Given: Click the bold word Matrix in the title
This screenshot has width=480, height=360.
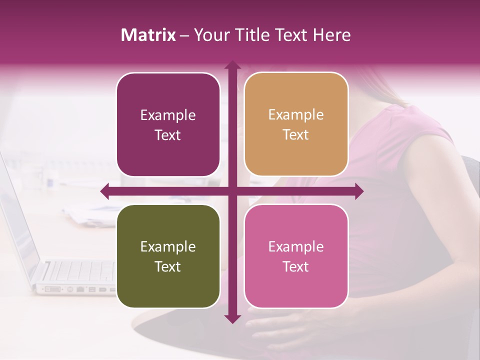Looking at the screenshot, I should (x=148, y=35).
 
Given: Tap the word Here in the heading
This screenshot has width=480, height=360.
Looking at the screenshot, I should (x=331, y=35).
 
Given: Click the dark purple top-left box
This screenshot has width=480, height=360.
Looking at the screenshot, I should (x=168, y=125).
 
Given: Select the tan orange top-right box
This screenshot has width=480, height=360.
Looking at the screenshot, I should (x=296, y=124).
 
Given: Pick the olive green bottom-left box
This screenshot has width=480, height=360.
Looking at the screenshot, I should (x=168, y=256).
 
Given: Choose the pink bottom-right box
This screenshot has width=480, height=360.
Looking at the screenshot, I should (x=296, y=256).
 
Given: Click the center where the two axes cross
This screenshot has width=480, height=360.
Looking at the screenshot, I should (x=232, y=191).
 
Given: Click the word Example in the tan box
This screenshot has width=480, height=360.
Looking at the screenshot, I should (x=296, y=114).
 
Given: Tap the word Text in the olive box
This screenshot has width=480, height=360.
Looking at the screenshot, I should (x=168, y=266).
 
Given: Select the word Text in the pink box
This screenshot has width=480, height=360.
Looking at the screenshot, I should (x=296, y=266).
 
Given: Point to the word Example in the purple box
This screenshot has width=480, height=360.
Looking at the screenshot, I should (x=168, y=115).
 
